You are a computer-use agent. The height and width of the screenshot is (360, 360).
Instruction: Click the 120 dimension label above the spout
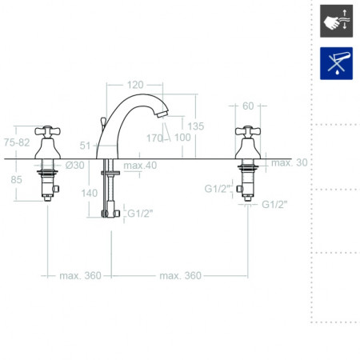point(135,85)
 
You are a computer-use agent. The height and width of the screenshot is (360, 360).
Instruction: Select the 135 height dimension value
point(196,126)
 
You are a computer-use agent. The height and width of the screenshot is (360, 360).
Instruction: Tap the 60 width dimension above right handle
point(248,106)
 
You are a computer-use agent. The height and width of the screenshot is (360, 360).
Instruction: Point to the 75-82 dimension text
point(17,142)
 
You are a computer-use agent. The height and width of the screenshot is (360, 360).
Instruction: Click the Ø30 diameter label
point(75,165)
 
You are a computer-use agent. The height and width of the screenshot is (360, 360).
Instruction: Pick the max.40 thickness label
point(140,166)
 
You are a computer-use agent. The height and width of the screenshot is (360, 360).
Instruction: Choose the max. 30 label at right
point(290,162)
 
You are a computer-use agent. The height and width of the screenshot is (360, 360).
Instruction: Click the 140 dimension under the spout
point(90,193)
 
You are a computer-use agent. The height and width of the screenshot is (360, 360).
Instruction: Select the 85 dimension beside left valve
point(16,179)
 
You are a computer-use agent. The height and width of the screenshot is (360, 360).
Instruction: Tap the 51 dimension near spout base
point(85,146)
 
